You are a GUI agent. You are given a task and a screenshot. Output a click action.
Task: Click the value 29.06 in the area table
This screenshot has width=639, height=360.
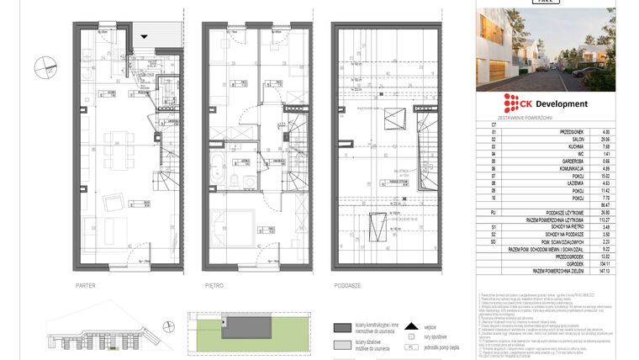pos(605,139)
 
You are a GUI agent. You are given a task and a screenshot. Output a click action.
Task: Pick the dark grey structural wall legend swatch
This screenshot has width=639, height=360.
pos(342,328)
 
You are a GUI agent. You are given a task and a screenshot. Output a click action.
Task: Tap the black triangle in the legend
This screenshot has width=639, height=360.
pos(410,325)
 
